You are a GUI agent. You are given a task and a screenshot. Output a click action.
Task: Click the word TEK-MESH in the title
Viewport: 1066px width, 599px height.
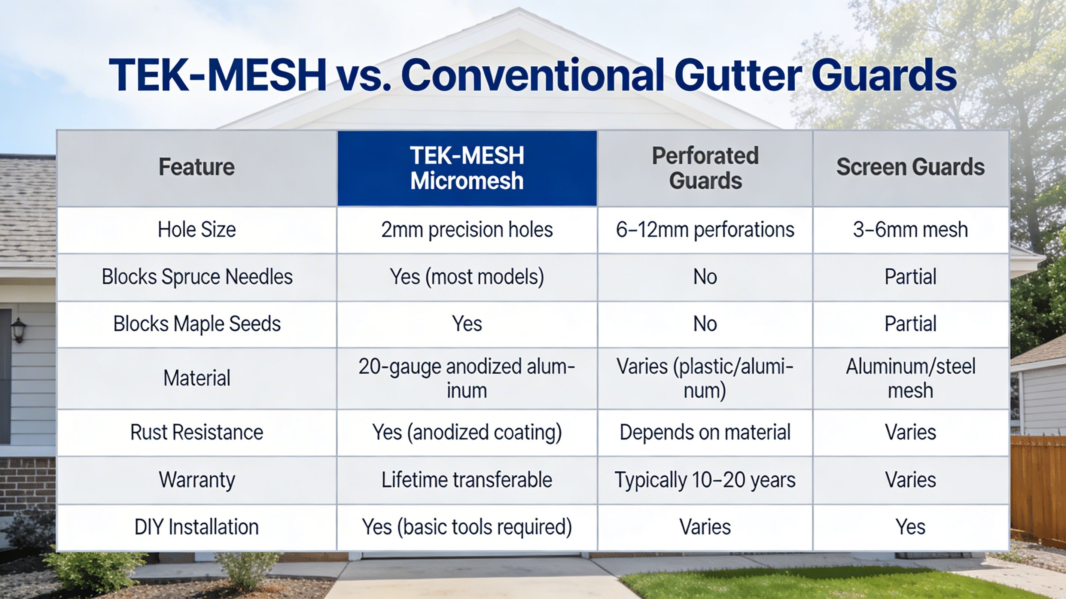(218, 75)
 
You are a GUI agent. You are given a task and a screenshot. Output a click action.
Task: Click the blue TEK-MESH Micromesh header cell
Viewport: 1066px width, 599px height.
(467, 168)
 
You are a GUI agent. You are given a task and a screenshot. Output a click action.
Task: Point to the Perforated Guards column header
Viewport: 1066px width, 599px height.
(705, 168)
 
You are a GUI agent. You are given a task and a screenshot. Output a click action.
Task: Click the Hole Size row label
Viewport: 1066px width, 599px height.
(197, 230)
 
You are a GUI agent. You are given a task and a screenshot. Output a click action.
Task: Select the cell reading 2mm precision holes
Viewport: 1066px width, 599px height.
(467, 230)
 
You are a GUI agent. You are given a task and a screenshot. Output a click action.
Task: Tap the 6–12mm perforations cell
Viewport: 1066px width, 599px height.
(705, 230)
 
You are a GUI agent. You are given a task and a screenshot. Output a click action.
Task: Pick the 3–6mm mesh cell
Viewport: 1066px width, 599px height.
(910, 230)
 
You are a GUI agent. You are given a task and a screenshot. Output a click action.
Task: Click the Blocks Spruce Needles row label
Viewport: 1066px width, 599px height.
(197, 277)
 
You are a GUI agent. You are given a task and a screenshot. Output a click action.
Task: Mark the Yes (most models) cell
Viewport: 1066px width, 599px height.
(467, 277)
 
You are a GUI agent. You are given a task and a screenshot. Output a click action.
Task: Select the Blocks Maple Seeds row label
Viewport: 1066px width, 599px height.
(197, 324)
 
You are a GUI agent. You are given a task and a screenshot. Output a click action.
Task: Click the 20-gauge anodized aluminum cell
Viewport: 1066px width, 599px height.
(467, 378)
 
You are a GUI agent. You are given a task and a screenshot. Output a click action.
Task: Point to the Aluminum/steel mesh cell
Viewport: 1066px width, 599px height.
(910, 378)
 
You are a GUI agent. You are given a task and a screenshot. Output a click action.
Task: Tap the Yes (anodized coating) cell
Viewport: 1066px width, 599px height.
(467, 432)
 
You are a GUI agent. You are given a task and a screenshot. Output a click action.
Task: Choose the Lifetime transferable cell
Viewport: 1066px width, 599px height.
(467, 480)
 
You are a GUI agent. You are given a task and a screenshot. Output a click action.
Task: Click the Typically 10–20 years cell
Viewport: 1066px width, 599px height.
(705, 481)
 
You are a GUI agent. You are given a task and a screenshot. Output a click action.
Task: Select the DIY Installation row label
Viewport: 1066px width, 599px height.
(197, 527)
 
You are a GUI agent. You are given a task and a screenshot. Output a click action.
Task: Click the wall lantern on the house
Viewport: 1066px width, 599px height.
(19, 330)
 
